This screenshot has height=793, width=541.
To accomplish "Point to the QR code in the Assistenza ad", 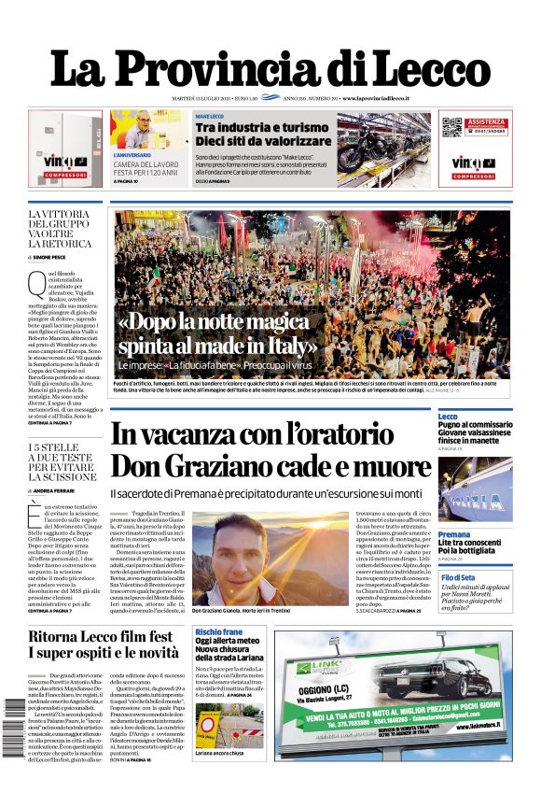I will (x=452, y=126).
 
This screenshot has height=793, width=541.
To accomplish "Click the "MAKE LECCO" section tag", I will (x=208, y=116).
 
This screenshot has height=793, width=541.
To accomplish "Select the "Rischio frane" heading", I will (x=219, y=631).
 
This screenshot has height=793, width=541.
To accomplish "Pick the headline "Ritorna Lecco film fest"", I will (x=104, y=637).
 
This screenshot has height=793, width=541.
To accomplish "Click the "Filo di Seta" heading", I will (x=457, y=578).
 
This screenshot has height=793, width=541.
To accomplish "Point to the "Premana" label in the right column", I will (x=454, y=534).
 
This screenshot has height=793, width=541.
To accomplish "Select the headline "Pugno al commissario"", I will (x=475, y=425).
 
